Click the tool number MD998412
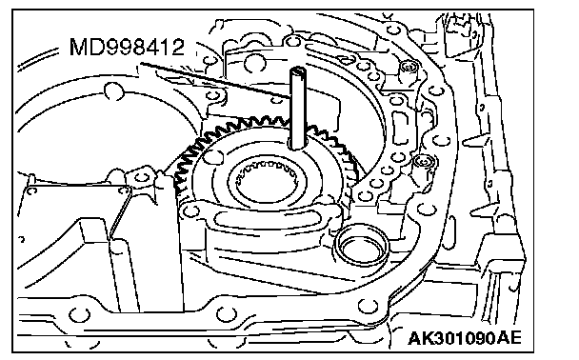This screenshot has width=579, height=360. pos(127,48)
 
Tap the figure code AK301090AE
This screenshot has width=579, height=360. pos(465,338)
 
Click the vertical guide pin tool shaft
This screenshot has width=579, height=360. pos(297,109)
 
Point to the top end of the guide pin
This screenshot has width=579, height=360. pos(297,70)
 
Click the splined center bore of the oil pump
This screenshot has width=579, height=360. pos(267,182)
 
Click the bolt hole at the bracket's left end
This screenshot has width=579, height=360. pos(190,210)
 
